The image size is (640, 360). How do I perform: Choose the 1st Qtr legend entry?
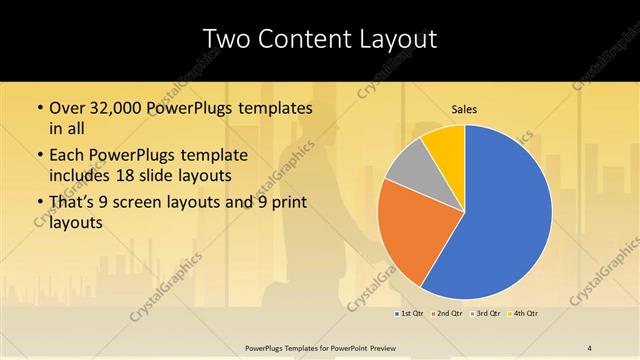coord(412,314)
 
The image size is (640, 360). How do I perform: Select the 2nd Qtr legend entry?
coord(448,314)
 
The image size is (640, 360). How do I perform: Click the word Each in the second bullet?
coord(67,156)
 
